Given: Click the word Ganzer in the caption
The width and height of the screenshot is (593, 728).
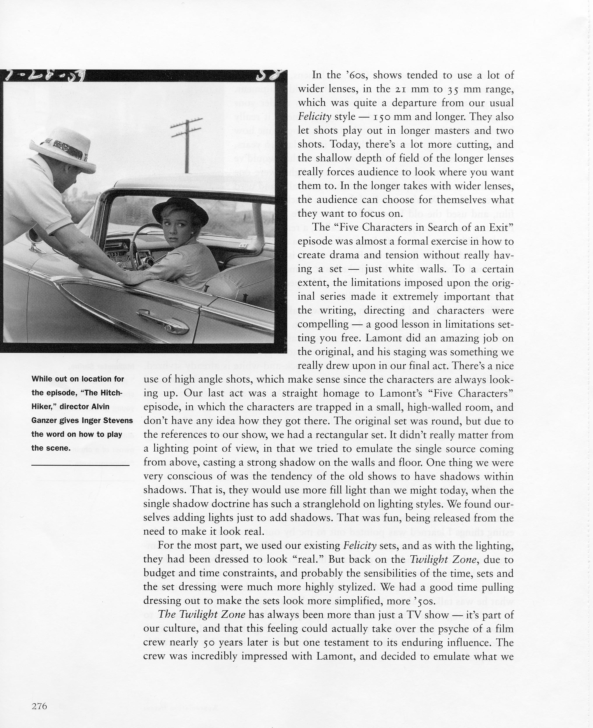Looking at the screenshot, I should [x=46, y=420].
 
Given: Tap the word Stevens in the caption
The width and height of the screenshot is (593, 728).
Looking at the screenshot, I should [x=118, y=420].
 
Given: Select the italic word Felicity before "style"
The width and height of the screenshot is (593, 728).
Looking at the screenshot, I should [x=314, y=117].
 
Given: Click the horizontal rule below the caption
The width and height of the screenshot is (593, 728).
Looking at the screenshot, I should [x=81, y=465].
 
